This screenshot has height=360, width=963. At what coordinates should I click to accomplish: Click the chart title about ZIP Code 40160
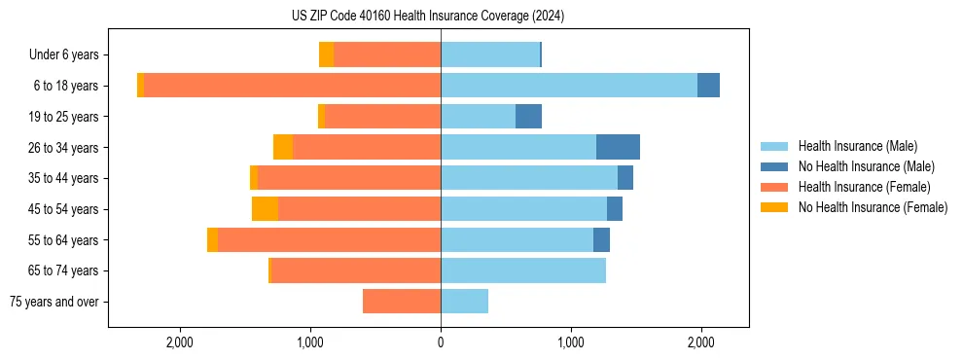pos(441,17)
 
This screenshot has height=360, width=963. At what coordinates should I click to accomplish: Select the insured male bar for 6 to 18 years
pos(569,86)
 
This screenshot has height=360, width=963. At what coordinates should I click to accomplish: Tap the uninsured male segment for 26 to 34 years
pos(618,147)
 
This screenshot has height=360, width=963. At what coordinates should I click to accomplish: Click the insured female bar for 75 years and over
pos(402,302)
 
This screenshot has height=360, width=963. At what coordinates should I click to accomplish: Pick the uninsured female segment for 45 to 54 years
pos(265,209)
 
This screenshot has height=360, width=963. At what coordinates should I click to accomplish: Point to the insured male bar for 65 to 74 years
pos(523,270)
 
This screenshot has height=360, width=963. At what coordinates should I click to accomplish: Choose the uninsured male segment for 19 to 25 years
pos(528,117)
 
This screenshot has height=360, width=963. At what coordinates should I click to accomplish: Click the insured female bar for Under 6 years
pos(387,54)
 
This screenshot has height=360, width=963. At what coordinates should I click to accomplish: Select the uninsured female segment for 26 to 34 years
pos(283,147)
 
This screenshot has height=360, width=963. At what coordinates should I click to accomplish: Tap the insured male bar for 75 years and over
pos(464,302)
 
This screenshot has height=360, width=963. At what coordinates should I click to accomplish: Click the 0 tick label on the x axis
pos(441,342)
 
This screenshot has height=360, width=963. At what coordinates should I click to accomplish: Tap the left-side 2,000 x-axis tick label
pos(180,342)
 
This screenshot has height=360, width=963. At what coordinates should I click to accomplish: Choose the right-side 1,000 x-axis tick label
pos(571,342)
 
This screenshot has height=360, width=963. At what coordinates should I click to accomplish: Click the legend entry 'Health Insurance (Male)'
pos(857,146)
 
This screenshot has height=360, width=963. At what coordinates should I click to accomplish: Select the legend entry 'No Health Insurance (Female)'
pos(873,207)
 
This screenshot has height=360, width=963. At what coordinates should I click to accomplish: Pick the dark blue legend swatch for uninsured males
pos(774,166)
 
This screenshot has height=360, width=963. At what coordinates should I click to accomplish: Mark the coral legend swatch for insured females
pos(774,187)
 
